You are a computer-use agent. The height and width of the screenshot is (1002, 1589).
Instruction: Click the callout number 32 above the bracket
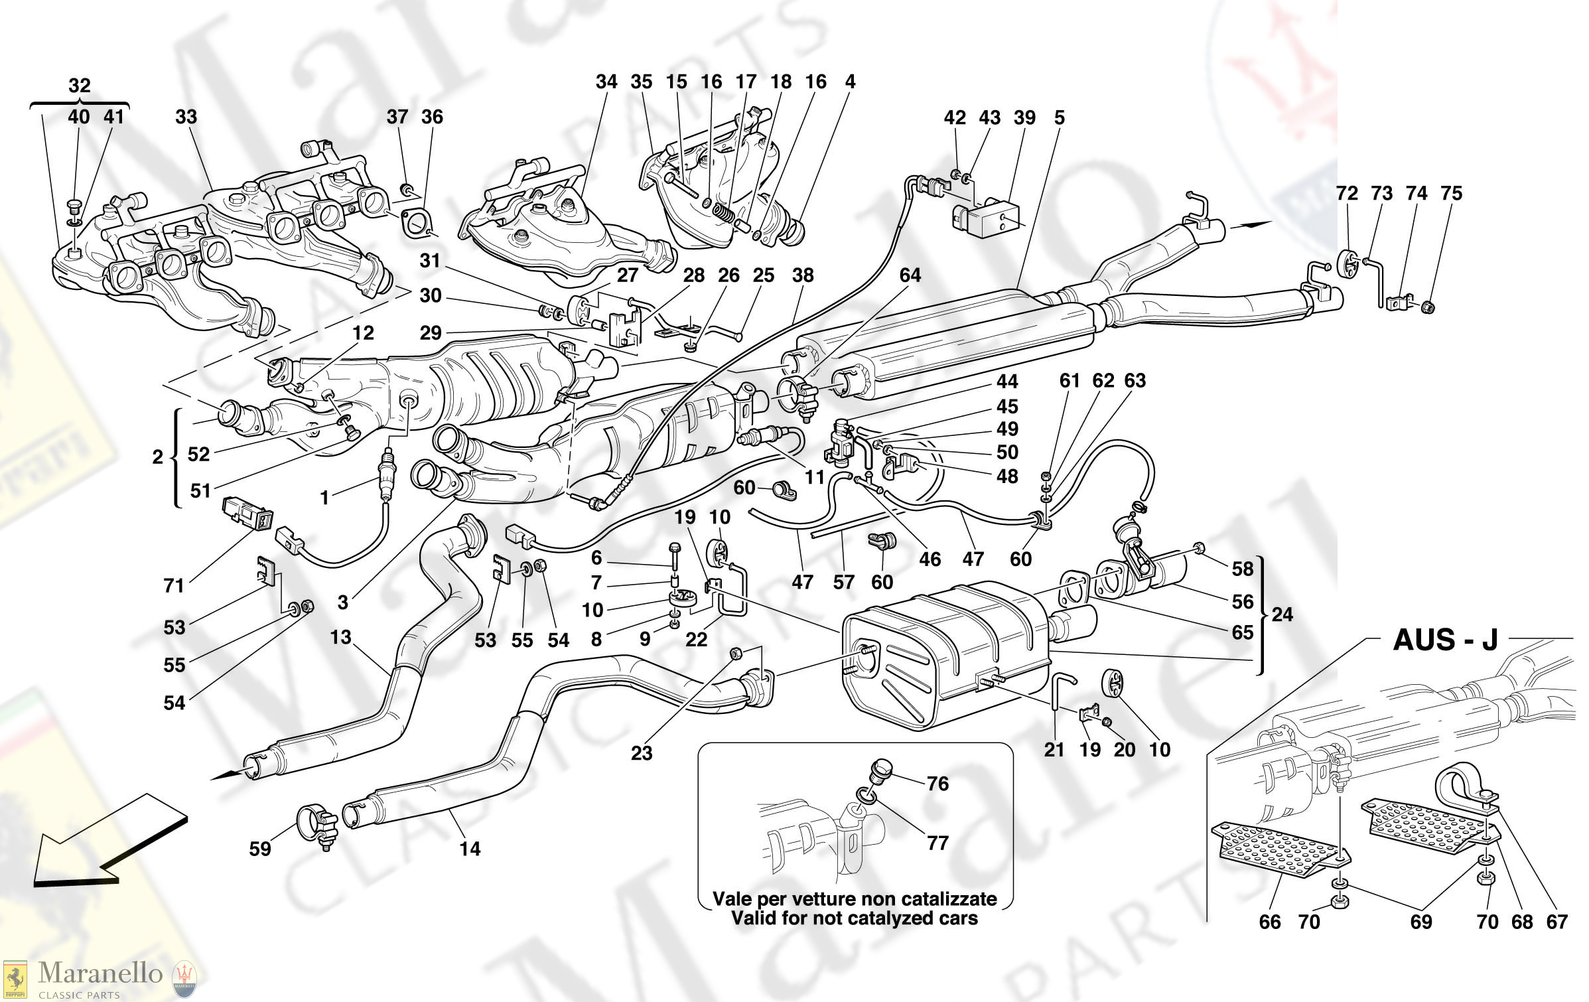pyautogui.click(x=79, y=86)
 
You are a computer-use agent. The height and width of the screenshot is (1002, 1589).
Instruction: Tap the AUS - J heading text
pyautogui.click(x=1446, y=640)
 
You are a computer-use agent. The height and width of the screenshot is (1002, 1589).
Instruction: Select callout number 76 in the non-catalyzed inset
pyautogui.click(x=937, y=784)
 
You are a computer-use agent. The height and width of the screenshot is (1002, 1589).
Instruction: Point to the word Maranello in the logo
pyautogui.click(x=100, y=973)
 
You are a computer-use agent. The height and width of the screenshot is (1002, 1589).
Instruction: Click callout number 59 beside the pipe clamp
pyautogui.click(x=260, y=849)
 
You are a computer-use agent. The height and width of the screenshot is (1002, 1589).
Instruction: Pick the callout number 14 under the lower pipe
pyautogui.click(x=470, y=849)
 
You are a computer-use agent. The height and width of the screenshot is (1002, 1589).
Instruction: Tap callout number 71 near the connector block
pyautogui.click(x=174, y=586)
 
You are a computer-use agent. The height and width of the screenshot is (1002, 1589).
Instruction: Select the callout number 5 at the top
pyautogui.click(x=1060, y=117)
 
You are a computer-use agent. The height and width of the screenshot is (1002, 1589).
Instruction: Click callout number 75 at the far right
pyautogui.click(x=1451, y=194)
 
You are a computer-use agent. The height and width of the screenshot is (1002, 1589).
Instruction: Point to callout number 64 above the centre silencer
pyautogui.click(x=910, y=275)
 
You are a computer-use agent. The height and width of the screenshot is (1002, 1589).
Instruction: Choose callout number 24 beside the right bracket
pyautogui.click(x=1282, y=614)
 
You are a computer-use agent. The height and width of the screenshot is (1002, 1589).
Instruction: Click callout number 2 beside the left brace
pyautogui.click(x=157, y=457)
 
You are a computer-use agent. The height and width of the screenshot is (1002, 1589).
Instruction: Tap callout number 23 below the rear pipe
pyautogui.click(x=642, y=753)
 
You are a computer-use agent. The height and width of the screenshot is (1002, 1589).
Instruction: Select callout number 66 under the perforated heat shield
pyautogui.click(x=1270, y=922)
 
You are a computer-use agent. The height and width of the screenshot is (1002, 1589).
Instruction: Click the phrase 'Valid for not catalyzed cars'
pyautogui.click(x=855, y=918)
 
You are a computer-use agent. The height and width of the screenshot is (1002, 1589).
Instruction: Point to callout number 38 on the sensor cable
pyautogui.click(x=803, y=275)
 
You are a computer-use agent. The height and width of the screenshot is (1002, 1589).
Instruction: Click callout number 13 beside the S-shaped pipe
pyautogui.click(x=340, y=638)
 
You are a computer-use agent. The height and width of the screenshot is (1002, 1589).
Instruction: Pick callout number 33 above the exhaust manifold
pyautogui.click(x=186, y=117)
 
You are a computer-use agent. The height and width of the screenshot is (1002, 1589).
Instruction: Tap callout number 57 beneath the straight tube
pyautogui.click(x=843, y=583)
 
